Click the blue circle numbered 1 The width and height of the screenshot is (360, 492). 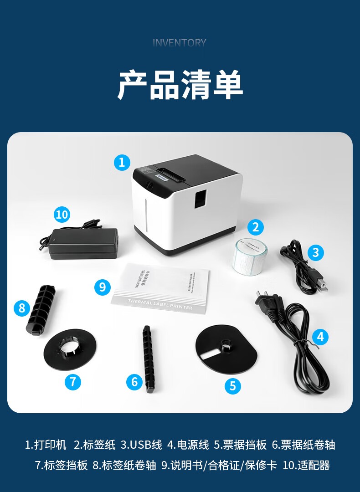click(122, 162)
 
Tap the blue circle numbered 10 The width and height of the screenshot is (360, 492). click(63, 215)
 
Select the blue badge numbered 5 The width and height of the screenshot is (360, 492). click(233, 386)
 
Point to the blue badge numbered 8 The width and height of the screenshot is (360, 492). click(22, 308)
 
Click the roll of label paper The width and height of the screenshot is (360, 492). click(251, 256)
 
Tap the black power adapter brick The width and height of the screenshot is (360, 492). click(83, 244)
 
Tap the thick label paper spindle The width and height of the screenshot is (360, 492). click(41, 308)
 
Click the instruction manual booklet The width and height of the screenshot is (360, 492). click(160, 288)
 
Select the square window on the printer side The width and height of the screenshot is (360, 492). click(201, 199)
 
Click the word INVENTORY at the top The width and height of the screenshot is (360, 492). click(180, 43)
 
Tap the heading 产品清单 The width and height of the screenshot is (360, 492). click(180, 85)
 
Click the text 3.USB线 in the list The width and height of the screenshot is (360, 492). click(141, 445)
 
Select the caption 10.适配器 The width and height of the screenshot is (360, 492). click(306, 465)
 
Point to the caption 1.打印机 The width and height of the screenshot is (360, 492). click(46, 445)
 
